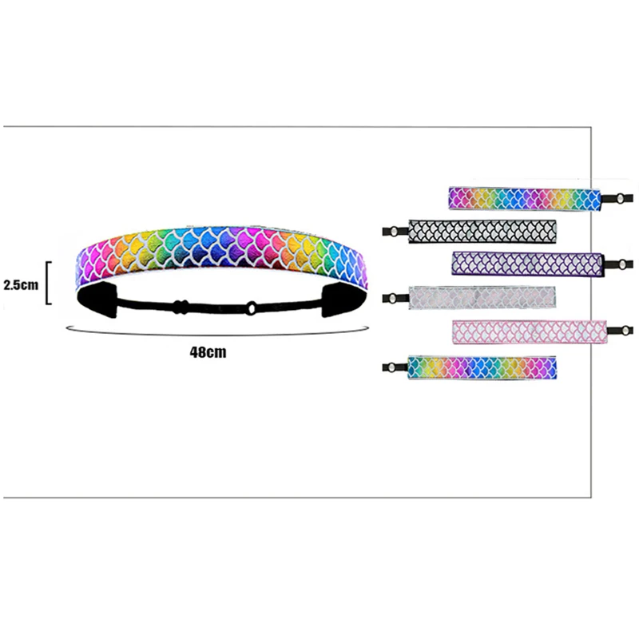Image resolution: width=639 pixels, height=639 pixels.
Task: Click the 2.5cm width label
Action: click(22, 284)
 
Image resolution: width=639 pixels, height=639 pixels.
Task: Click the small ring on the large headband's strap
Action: click(251, 306)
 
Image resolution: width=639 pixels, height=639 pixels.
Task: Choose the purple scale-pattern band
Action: click(527, 264)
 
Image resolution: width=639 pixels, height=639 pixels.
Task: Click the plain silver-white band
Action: click(482, 296)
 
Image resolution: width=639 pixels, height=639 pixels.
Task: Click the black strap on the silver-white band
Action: click(395, 297)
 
